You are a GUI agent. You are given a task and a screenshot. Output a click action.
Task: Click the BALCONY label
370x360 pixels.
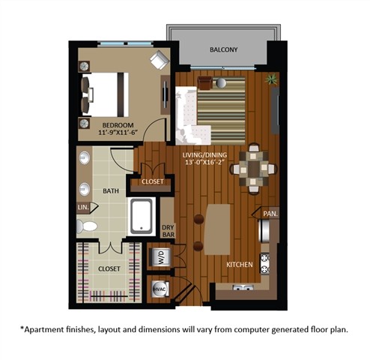click(x=223, y=50)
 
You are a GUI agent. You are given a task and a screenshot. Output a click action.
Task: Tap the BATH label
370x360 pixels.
click(x=109, y=191)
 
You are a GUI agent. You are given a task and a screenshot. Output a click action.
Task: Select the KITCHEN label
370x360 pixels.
click(x=240, y=265)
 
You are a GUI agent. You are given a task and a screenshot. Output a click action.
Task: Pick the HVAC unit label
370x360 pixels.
click(x=160, y=289)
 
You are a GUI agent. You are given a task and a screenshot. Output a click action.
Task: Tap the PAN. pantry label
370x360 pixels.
click(x=270, y=214)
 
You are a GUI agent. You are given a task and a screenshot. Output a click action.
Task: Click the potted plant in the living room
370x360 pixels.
click(x=270, y=77)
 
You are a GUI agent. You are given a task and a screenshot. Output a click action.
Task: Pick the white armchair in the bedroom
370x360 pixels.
click(x=160, y=59)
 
